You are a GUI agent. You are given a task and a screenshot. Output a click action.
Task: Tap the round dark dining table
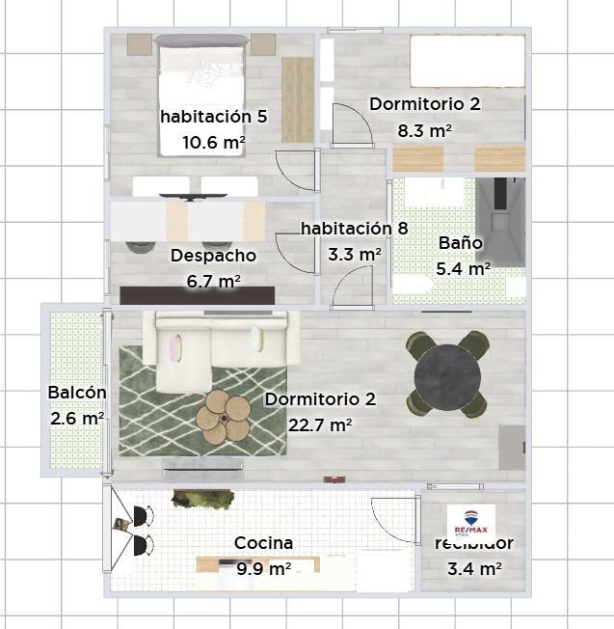446,373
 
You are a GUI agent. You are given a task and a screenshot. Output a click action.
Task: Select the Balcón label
76,394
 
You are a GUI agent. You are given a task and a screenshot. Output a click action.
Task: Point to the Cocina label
263,544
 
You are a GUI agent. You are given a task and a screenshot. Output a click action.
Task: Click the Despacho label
213,256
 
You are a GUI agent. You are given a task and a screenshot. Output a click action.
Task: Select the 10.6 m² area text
213,142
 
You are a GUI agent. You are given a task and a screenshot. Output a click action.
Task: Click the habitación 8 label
354,229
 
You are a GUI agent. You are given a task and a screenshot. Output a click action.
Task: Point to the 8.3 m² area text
425,129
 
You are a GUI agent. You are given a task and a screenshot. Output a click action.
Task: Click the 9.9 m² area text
262,569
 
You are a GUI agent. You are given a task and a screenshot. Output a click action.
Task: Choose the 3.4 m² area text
474,569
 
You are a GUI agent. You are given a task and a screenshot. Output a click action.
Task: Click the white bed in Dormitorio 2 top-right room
467,63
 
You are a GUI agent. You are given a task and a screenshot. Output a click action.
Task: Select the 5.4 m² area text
463,269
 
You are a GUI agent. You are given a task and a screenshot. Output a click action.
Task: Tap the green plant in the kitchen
203,498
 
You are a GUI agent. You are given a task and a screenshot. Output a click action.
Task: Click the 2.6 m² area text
76,419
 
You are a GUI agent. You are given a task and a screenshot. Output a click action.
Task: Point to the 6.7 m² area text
213,281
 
